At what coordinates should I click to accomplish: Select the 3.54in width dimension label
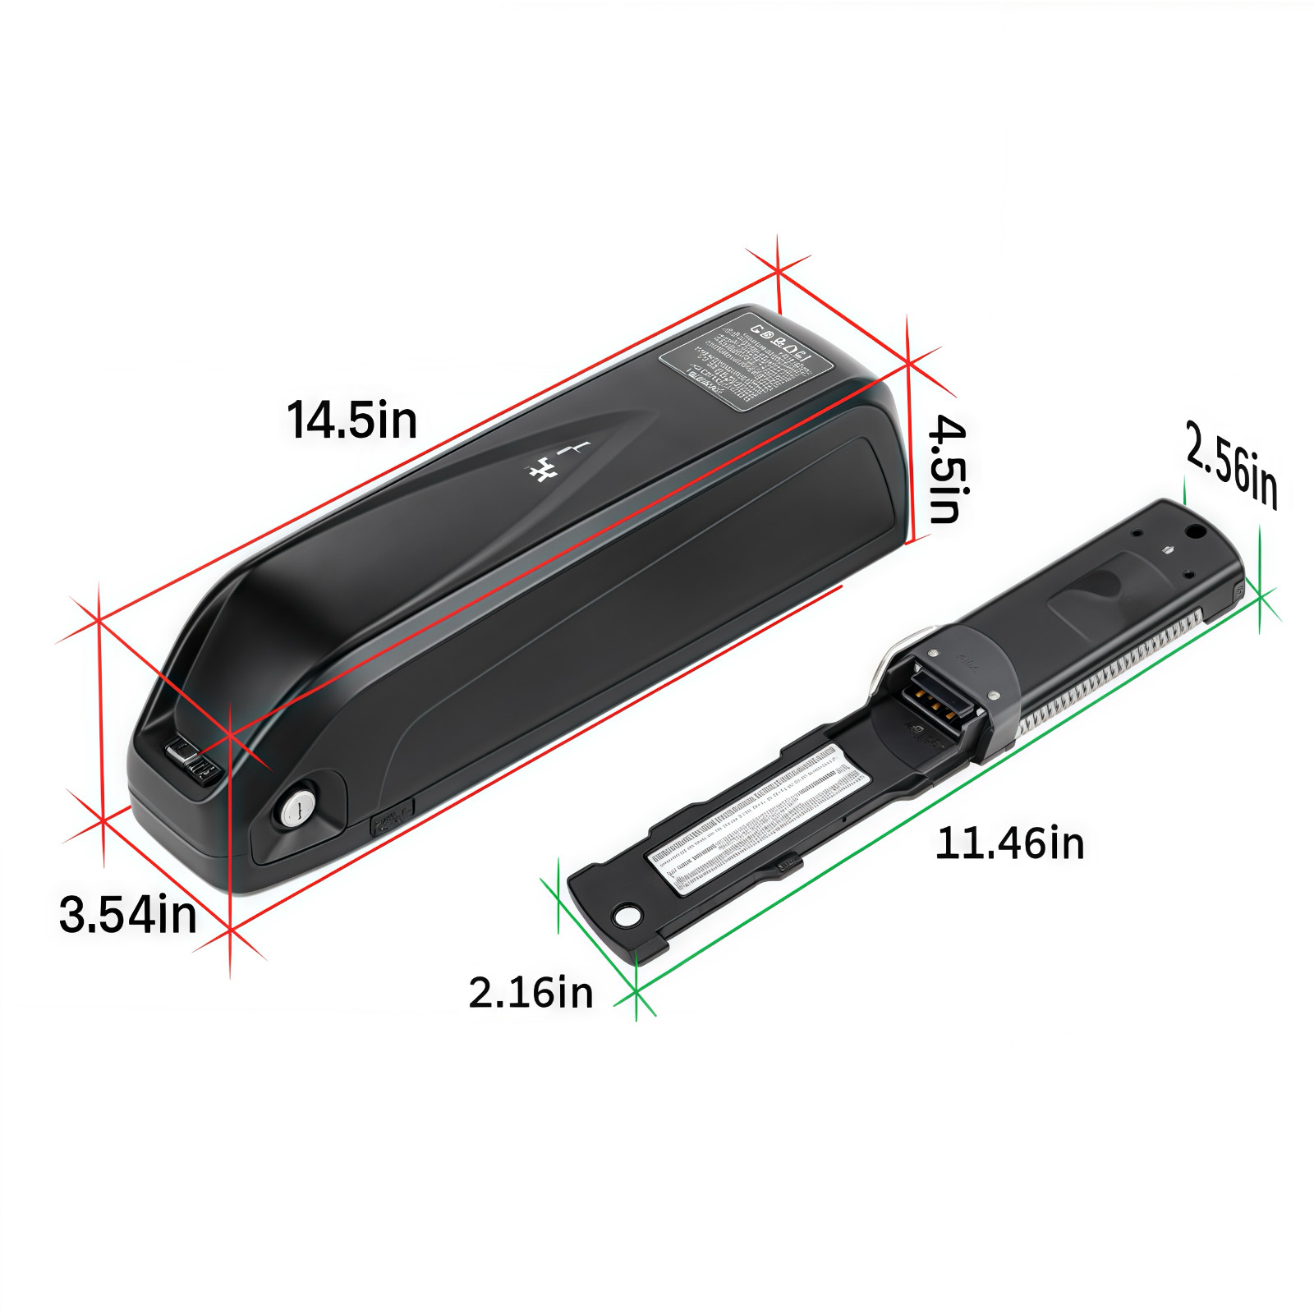128,913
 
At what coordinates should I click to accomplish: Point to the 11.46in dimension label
1009,843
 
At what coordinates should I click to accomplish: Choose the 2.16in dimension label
531,992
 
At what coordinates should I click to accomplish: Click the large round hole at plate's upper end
1196,534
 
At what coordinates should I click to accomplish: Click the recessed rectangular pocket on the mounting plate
1100,590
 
